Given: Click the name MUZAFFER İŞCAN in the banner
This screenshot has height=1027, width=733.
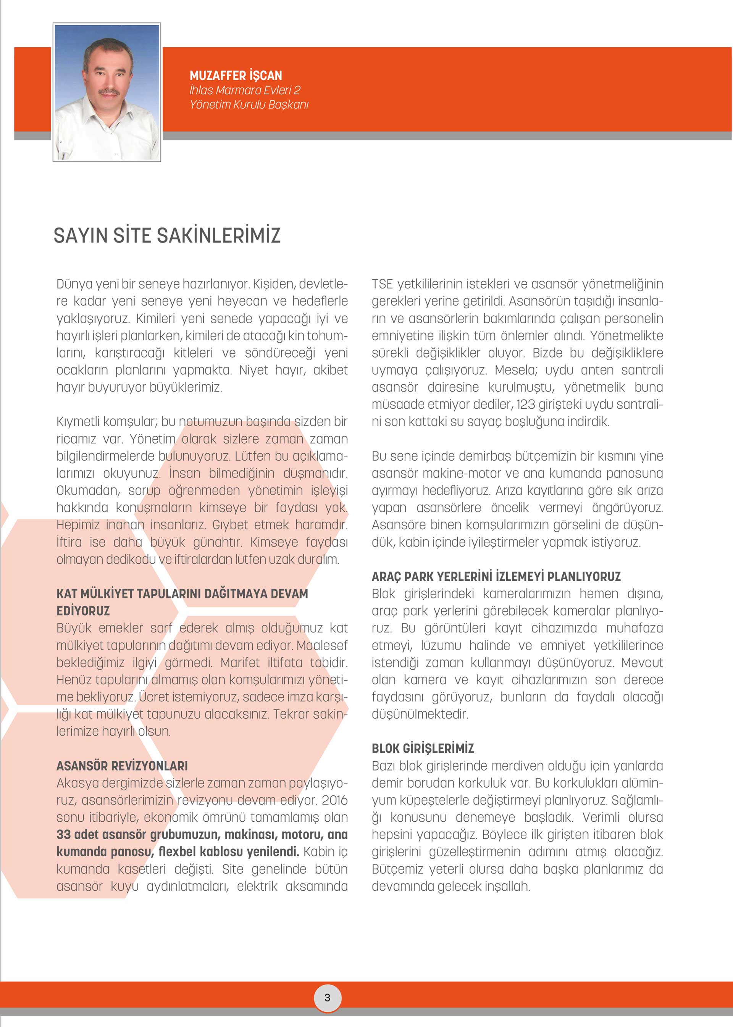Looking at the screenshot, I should point(236,75).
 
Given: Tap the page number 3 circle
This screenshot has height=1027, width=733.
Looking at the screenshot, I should point(327,997).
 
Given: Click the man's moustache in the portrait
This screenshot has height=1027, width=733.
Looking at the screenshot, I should point(109,92).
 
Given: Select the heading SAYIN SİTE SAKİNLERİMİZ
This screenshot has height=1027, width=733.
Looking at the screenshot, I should point(167,235).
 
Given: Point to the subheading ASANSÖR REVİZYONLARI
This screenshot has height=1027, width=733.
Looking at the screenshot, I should point(122,766).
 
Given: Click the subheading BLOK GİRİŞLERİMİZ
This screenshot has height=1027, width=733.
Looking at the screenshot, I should point(423,748).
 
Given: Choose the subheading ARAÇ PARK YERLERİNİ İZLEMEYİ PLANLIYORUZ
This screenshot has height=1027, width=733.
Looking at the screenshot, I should point(496,577).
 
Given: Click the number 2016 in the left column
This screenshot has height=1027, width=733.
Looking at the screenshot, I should point(334,800).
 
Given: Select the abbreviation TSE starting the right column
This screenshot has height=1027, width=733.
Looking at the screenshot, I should point(382,284).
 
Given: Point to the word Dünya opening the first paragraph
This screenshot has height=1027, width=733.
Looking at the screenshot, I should point(74,284).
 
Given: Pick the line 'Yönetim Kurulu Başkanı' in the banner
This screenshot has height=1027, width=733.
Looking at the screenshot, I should point(249,105).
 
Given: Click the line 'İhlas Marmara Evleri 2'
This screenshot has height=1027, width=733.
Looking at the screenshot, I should point(245,90).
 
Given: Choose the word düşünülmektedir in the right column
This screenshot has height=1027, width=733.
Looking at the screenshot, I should point(420,714).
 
